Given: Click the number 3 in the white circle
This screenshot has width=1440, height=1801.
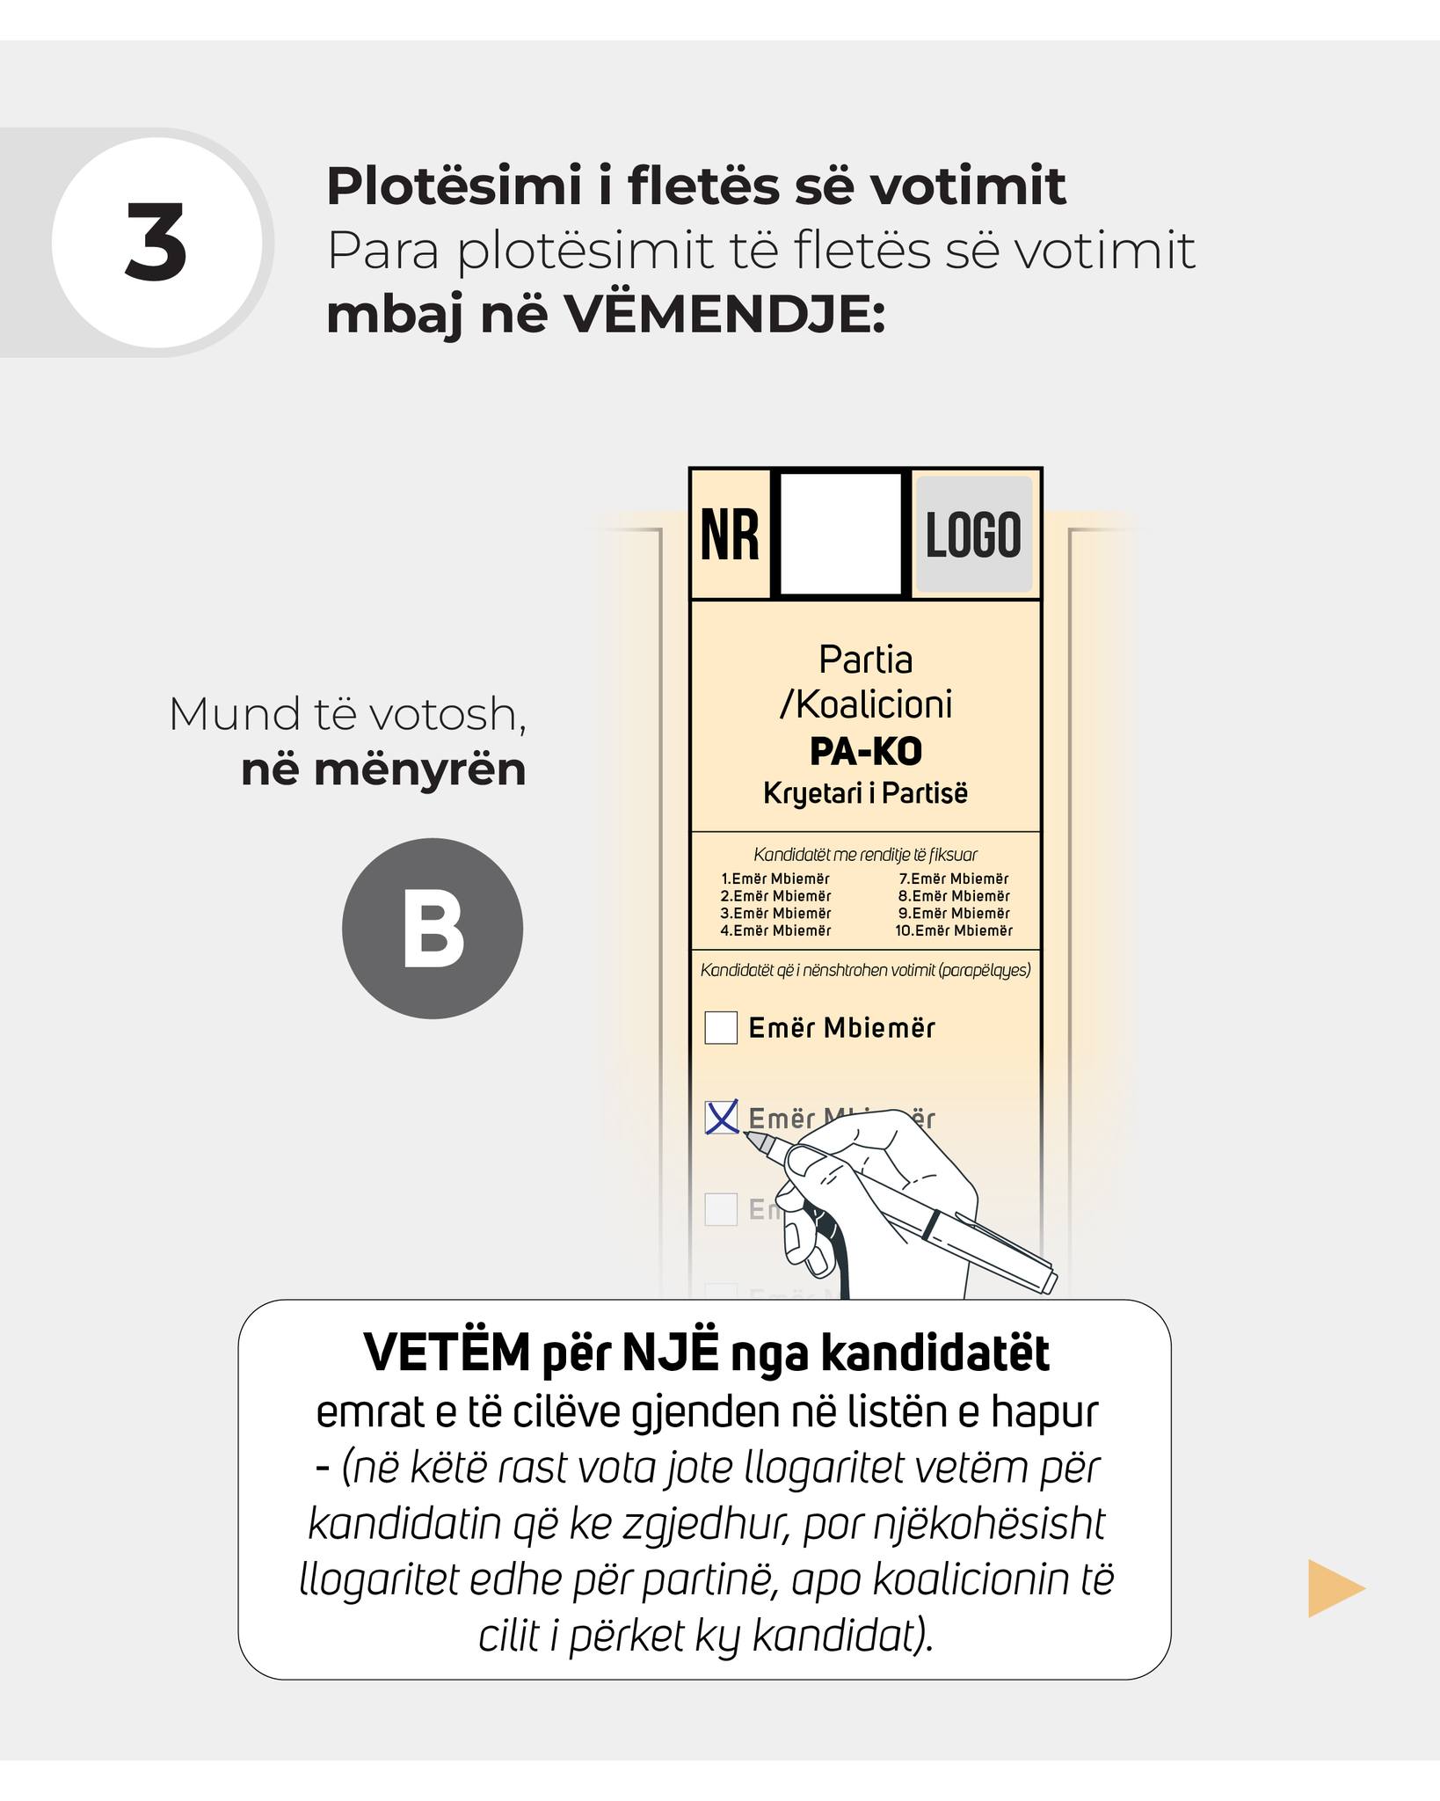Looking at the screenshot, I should pyautogui.click(x=156, y=243).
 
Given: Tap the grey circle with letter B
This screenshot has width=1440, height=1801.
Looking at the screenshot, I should pyautogui.click(x=432, y=929).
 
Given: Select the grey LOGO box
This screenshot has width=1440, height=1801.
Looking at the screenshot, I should pyautogui.click(x=974, y=535).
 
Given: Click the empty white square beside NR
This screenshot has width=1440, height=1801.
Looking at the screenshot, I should pyautogui.click(x=840, y=535).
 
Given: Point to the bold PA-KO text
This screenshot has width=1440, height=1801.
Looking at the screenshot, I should pyautogui.click(x=865, y=752).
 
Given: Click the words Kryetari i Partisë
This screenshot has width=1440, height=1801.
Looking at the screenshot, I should pyautogui.click(x=865, y=793).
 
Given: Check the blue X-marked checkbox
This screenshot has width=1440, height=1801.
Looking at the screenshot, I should pyautogui.click(x=721, y=1118).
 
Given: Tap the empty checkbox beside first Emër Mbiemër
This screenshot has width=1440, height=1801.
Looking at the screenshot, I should pyautogui.click(x=721, y=1027).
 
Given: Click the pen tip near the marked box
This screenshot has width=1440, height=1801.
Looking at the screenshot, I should pyautogui.click(x=751, y=1135).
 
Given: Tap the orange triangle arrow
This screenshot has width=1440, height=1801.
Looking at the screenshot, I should pyautogui.click(x=1333, y=1588).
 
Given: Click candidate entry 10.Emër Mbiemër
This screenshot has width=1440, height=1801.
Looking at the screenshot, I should pyautogui.click(x=954, y=930).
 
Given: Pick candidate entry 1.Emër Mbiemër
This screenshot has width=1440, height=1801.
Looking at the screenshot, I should pyautogui.click(x=775, y=879).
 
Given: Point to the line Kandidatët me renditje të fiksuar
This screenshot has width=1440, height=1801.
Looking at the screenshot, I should pyautogui.click(x=865, y=855).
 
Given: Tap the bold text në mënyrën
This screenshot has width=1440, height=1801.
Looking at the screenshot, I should pyautogui.click(x=383, y=769).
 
